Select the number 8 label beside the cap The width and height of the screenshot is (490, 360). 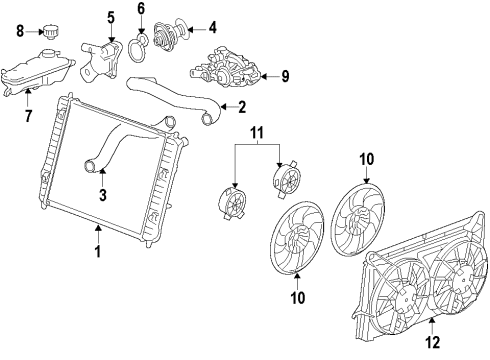click(x=19, y=32)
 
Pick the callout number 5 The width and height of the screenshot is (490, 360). click(x=111, y=17)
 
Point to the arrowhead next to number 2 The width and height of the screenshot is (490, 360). click(x=222, y=106)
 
